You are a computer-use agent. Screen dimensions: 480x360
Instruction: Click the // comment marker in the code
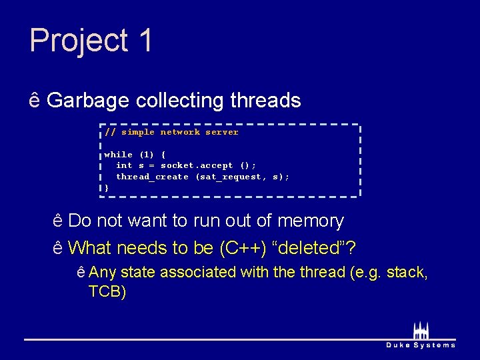coord(110,132)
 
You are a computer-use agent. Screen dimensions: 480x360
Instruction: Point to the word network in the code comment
coord(180,132)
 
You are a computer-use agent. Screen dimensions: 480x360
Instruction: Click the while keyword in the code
coord(119,155)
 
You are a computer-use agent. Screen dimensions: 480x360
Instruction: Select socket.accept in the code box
coord(197,165)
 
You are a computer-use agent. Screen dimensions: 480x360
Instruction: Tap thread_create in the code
coord(152,177)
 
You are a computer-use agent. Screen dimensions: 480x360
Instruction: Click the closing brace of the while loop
coord(107,188)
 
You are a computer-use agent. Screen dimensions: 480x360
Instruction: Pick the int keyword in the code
coord(124,165)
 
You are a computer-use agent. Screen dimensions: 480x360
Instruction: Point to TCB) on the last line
coord(107,292)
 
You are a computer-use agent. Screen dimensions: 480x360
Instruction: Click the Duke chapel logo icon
coord(421,331)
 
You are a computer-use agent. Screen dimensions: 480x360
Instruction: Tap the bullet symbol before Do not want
coord(58,221)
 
